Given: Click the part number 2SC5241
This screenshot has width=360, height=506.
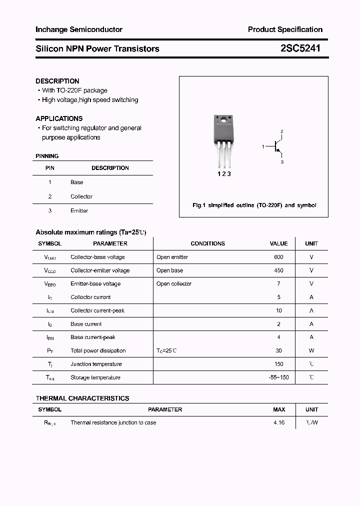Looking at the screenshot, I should coord(300,48).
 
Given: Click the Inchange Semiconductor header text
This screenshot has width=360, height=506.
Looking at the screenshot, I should coord(79,29).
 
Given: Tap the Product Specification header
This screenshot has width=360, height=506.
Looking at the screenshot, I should coord(285,29).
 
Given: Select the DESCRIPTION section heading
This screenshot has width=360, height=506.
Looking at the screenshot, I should coord(57,81).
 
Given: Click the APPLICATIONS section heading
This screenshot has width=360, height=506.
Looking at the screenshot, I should coord(59,118).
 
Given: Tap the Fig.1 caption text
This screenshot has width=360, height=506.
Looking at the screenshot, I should coord(254,205).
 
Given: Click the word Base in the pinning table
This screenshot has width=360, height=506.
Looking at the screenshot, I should coord(76,182).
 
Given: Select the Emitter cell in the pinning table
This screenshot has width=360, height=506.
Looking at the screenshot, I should coord(79,211).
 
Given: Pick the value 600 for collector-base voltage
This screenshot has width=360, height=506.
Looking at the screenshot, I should coord(278,257).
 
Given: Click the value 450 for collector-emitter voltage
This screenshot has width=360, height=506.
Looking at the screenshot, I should coord(278,270).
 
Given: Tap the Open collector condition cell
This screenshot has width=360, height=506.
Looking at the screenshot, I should coord(174,284).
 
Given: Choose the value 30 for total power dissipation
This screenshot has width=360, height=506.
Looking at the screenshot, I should coord(279,351).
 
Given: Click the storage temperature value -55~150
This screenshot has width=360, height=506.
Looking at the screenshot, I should coord(278,377).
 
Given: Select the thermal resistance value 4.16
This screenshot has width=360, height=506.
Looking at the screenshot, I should coord(279,423).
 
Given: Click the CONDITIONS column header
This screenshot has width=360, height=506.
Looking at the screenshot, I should coord(207,243).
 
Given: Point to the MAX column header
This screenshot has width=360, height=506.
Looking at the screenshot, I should coord(279,409).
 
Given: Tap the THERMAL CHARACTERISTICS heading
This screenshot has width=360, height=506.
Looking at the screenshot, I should coord(82,398).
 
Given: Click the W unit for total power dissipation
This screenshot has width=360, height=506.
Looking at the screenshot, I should coord(311,351).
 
